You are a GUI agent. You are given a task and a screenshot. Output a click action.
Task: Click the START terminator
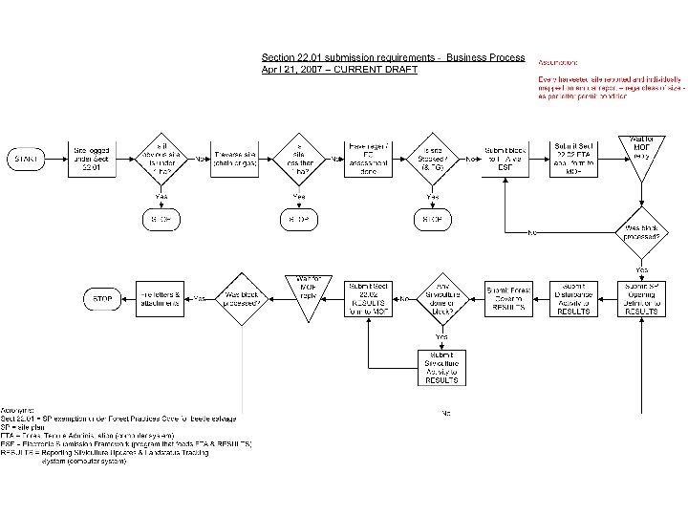click(x=29, y=158)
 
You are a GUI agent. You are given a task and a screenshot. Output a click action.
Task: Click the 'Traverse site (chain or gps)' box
click(x=232, y=159)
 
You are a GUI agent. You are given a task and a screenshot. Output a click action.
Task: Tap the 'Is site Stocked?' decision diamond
click(x=433, y=159)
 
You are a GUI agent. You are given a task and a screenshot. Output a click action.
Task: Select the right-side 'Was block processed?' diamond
click(x=642, y=230)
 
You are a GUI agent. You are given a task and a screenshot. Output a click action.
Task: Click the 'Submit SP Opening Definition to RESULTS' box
click(x=642, y=298)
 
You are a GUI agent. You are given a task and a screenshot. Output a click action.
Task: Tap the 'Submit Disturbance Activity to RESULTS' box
click(x=575, y=298)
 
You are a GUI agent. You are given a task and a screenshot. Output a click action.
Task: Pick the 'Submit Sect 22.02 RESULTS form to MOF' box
click(x=369, y=298)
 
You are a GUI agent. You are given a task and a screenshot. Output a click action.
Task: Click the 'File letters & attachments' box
click(x=159, y=298)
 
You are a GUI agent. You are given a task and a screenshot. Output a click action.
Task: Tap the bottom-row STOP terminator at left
click(x=102, y=299)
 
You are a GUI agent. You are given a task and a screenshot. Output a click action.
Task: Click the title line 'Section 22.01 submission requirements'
click(x=393, y=57)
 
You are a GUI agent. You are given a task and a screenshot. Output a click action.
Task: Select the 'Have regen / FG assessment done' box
click(x=369, y=159)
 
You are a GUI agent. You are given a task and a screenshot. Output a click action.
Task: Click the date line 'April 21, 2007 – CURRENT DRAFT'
click(x=339, y=71)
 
